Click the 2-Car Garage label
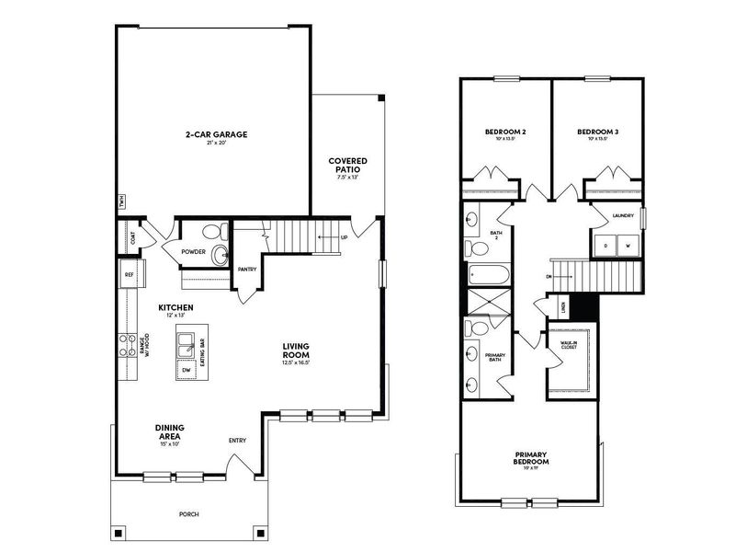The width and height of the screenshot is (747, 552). (x=216, y=134)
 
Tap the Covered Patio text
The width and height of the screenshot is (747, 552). (x=348, y=166)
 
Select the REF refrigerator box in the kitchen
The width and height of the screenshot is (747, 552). (x=129, y=274)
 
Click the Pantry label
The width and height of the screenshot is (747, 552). (x=246, y=270)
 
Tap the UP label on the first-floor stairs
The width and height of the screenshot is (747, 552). (x=343, y=237)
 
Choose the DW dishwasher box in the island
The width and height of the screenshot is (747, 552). (x=185, y=370)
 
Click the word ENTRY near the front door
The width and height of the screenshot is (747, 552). (x=237, y=440)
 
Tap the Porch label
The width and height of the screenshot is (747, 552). (x=188, y=514)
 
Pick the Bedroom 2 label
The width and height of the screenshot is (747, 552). (x=505, y=132)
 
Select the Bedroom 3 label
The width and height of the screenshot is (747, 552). (x=597, y=132)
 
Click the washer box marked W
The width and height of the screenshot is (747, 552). (x=628, y=247)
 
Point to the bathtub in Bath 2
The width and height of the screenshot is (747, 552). (x=487, y=274)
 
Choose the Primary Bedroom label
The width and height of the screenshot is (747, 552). (x=531, y=457)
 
